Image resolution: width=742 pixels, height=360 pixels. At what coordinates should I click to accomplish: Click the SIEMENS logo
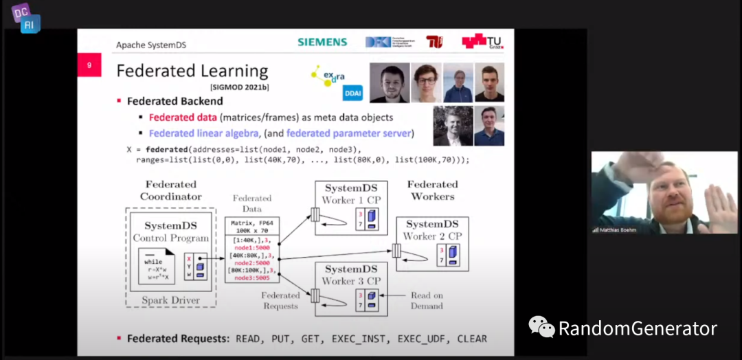coord(322,42)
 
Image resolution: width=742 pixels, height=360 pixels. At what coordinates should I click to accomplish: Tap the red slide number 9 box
coord(89,66)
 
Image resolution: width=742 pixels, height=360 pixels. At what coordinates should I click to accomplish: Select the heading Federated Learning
coord(192,71)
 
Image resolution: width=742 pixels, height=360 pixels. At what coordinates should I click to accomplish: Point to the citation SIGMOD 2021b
coord(240,88)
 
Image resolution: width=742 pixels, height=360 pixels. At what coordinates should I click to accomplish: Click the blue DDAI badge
coord(352,92)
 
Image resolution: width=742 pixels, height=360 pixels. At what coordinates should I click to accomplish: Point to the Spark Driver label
coord(170,300)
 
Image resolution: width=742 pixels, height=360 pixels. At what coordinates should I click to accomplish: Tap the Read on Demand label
coord(427,300)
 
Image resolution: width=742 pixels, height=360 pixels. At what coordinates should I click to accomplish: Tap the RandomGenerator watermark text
coord(637,328)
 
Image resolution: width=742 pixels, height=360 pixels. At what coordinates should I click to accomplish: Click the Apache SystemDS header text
coord(150,45)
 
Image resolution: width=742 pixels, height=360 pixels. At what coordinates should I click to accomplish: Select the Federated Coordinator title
coord(170,190)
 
